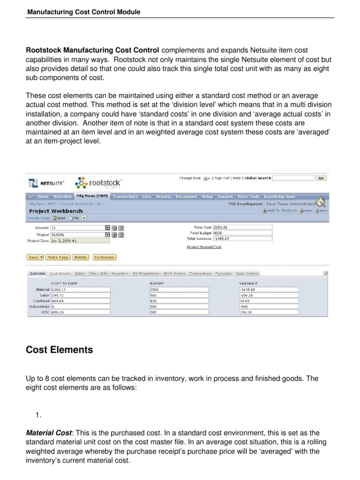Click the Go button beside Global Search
pyautogui.click(x=321, y=178)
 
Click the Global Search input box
pyautogui.click(x=292, y=178)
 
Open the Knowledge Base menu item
pyautogui.click(x=279, y=197)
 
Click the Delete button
pyautogui.click(x=80, y=257)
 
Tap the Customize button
pyautogui.click(x=104, y=257)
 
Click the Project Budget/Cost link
pyautogui.click(x=204, y=247)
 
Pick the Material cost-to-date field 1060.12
pyautogui.click(x=80, y=289)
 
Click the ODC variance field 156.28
pyautogui.click(x=268, y=312)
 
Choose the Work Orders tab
pyautogui.click(x=174, y=273)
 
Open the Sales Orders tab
pyautogui.click(x=247, y=273)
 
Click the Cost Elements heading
pyautogui.click(x=60, y=350)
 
